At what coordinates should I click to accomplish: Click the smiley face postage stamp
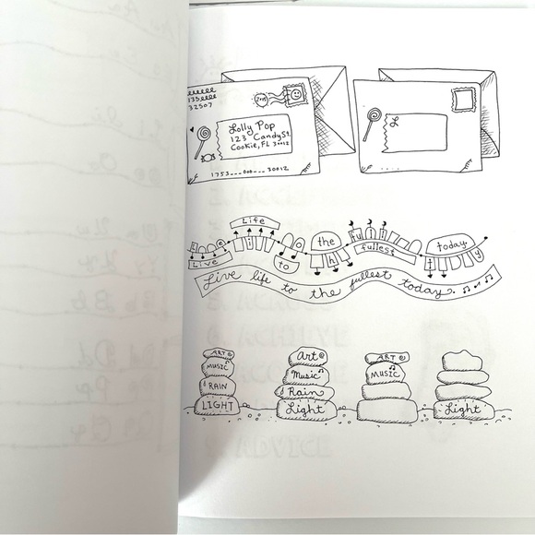click(298, 96)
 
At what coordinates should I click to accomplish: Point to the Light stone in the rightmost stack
click(461, 409)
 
